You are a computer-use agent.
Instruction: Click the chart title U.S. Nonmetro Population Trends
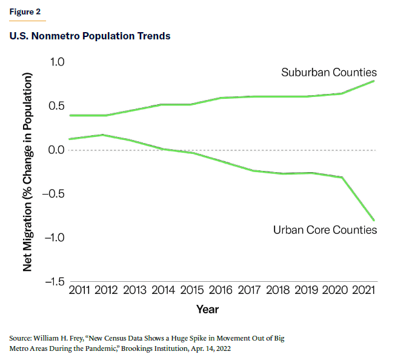pos(90,36)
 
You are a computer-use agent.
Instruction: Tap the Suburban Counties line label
pos(328,72)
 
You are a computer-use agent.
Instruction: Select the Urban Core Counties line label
pos(325,230)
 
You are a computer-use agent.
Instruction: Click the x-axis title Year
pos(207,309)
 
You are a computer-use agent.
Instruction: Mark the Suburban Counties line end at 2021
pos(374,81)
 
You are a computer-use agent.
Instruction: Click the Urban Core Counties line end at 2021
pos(374,219)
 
